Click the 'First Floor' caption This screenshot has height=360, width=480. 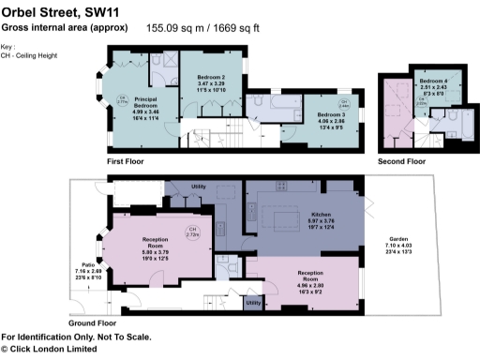(x=128, y=161)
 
